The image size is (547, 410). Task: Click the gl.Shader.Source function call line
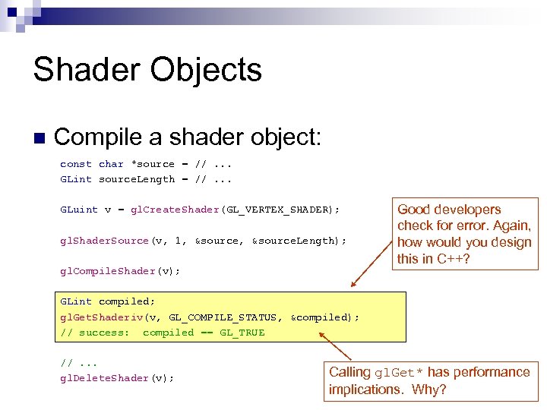(x=203, y=241)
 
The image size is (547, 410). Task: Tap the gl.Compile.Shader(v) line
(x=120, y=271)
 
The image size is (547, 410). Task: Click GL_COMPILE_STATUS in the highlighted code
(x=226, y=317)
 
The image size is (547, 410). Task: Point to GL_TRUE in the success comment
(x=242, y=333)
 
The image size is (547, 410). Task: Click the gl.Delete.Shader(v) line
(x=117, y=378)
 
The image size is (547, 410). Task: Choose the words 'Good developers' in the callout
(x=449, y=210)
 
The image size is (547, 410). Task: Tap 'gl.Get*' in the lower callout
(x=403, y=373)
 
